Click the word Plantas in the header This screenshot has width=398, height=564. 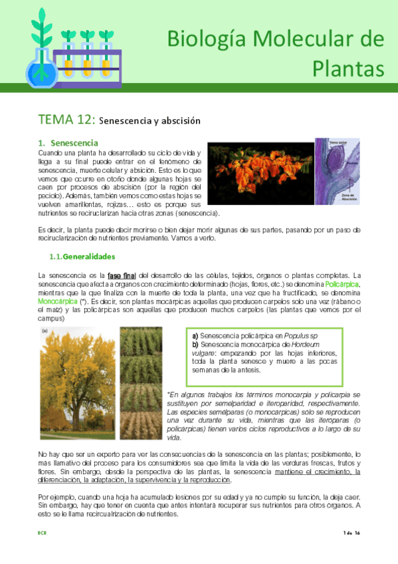(348, 68)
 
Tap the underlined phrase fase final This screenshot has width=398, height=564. (122, 276)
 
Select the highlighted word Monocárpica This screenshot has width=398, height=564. (58, 301)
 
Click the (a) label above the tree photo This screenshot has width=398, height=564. (45, 330)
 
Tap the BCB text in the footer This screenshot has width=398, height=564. (42, 533)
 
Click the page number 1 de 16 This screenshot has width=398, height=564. (351, 533)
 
